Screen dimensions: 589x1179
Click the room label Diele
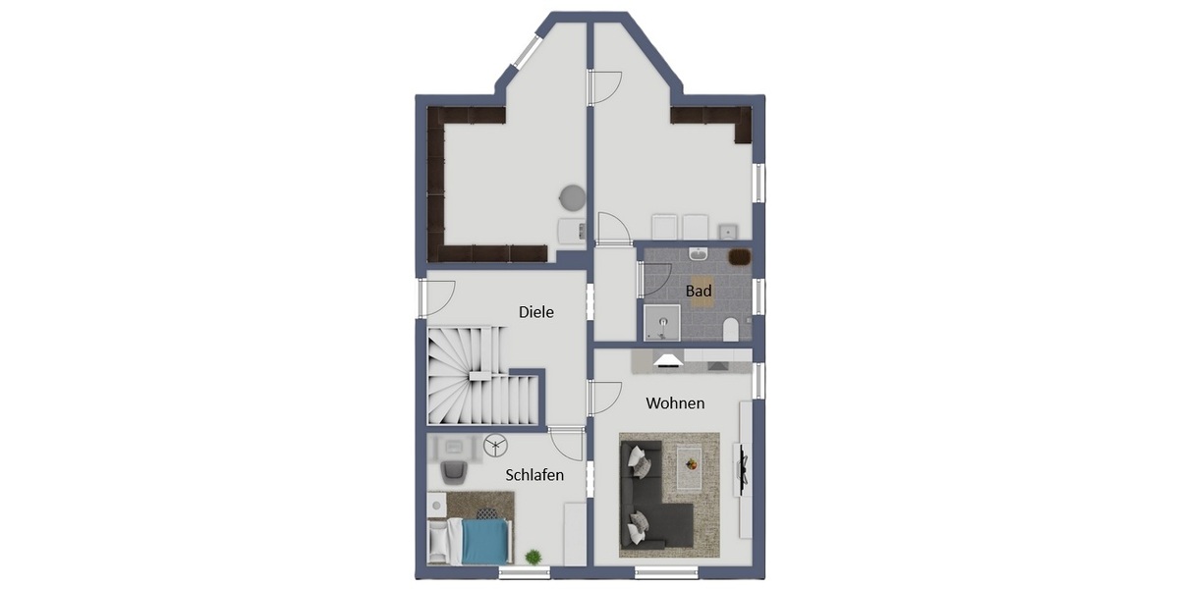point(536,312)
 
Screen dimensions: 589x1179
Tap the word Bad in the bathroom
point(699,292)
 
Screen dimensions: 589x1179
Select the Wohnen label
point(674,403)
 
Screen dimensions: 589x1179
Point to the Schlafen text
point(534,475)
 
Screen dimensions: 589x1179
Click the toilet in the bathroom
point(730,330)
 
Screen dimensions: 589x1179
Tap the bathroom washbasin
point(698,254)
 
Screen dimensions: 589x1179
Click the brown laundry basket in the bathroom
point(739,258)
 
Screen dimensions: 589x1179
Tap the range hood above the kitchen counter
point(669,360)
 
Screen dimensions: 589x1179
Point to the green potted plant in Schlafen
point(533,557)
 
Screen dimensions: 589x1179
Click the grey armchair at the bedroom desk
point(453,472)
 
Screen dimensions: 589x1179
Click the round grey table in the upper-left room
point(572,196)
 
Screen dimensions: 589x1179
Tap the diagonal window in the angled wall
point(527,52)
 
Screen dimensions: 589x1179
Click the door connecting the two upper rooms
point(603,87)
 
